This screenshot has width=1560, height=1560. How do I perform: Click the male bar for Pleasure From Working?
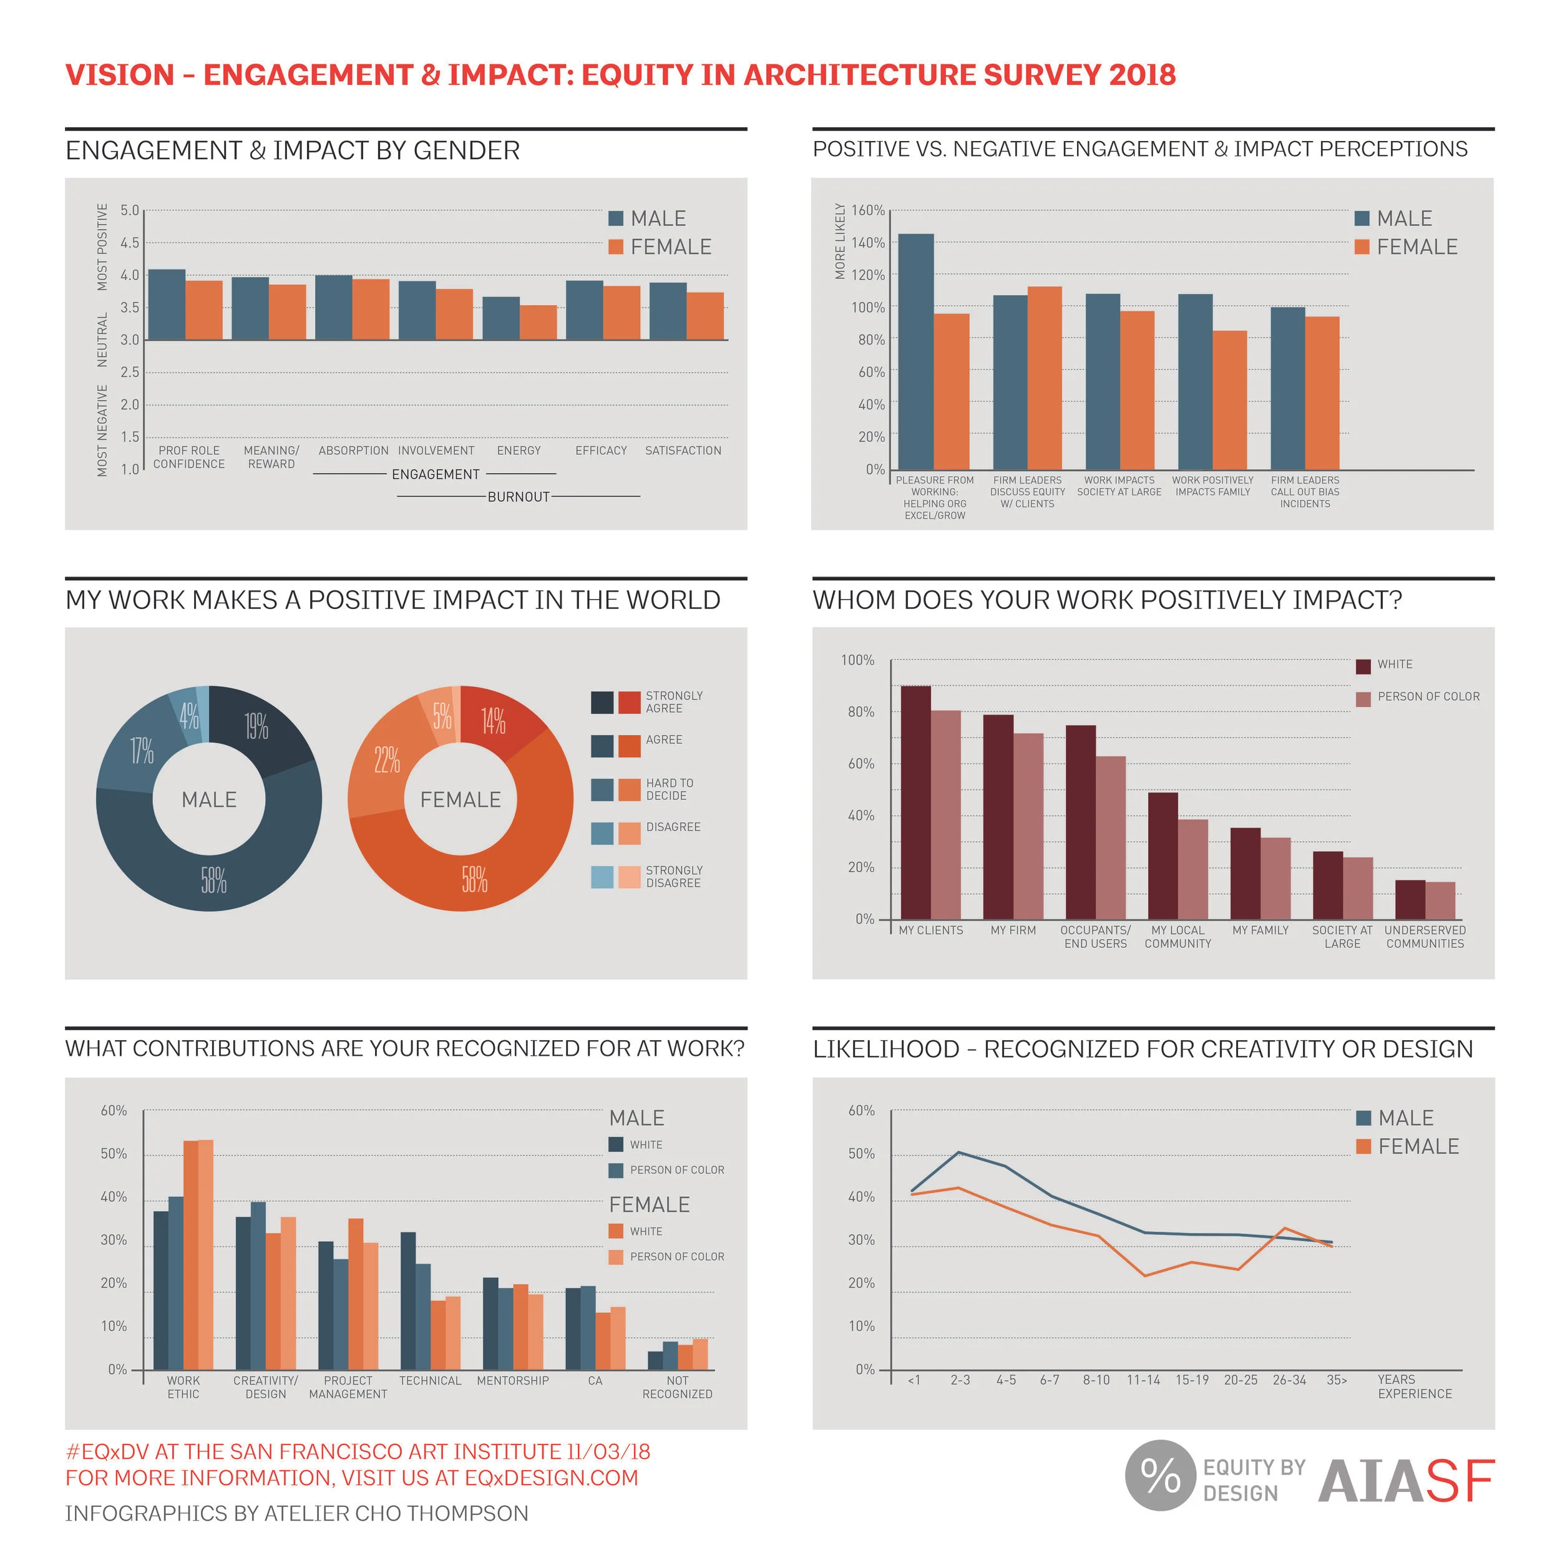[x=915, y=351]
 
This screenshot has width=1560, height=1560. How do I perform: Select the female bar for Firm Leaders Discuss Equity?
[x=1044, y=378]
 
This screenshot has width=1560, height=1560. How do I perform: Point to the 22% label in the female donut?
[x=387, y=760]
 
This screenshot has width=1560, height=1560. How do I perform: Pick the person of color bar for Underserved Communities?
[x=1440, y=900]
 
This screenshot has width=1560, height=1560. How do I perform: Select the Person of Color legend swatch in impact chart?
[x=1363, y=700]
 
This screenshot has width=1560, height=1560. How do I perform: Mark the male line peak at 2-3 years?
[x=958, y=1153]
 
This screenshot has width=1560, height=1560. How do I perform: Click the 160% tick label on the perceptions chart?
[x=868, y=210]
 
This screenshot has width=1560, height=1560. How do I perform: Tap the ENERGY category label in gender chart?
[x=519, y=451]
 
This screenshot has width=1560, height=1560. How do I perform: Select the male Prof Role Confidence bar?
[x=167, y=305]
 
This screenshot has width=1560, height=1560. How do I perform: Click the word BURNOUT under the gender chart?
[x=519, y=497]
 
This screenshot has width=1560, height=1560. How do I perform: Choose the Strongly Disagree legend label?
[x=673, y=877]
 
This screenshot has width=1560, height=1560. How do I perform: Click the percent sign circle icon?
[x=1159, y=1475]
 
